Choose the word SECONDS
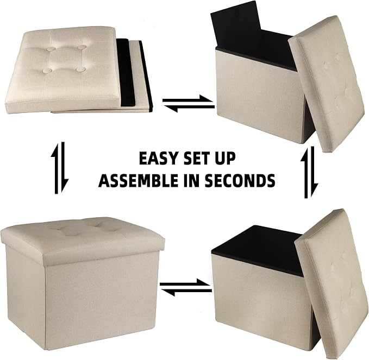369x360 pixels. (240, 180)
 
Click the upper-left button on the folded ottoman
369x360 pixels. (51, 49)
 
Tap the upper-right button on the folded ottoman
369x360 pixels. (81, 47)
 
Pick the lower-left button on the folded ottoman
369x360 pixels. (46, 71)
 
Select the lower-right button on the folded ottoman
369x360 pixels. (81, 70)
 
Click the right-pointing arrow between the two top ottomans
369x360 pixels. (188, 99)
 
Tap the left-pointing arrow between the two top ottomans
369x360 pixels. (189, 108)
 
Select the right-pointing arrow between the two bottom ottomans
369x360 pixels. (185, 283)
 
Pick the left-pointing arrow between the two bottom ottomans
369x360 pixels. (186, 292)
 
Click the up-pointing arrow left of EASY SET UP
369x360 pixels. (55, 168)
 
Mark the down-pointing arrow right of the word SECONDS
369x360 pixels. (313, 172)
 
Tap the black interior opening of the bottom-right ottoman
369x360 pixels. (257, 249)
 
